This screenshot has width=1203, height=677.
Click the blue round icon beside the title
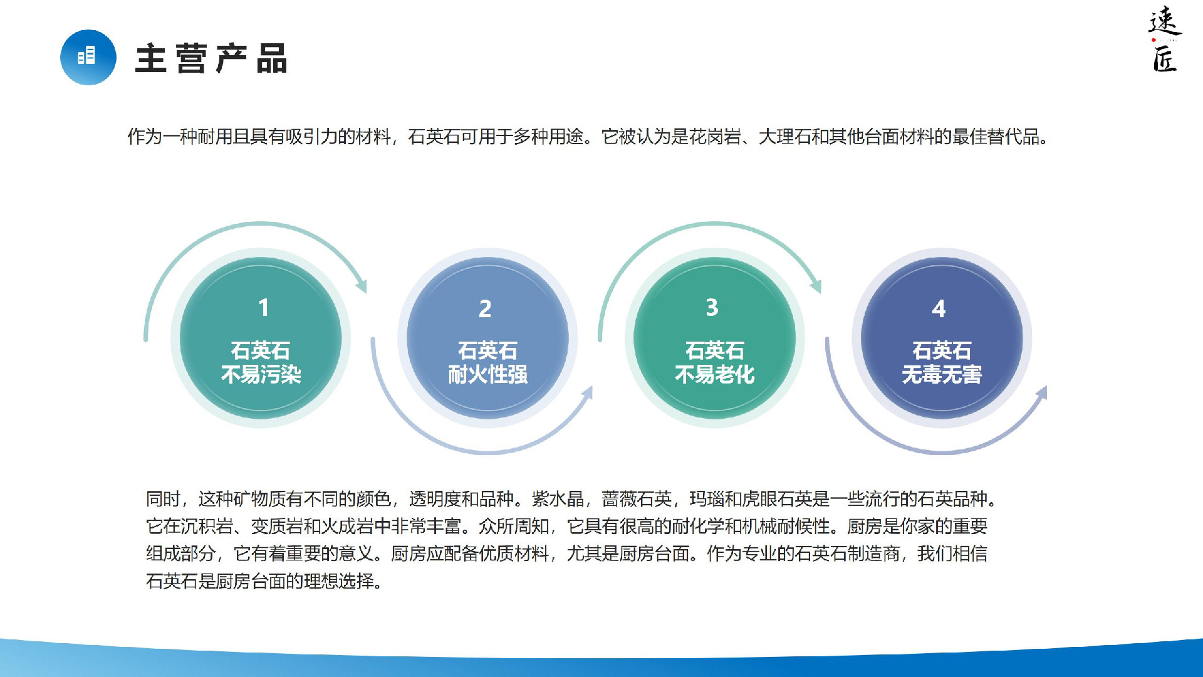[x=88, y=57]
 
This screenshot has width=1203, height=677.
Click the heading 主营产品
[x=211, y=58]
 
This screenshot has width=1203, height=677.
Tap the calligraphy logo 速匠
[x=1165, y=39]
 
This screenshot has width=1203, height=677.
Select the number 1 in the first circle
[x=264, y=308]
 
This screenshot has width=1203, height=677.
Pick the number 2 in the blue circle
[x=485, y=308]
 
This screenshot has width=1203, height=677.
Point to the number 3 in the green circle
[x=712, y=307]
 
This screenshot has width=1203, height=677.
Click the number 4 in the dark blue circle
[x=939, y=308]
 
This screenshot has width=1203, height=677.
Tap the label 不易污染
[x=261, y=375]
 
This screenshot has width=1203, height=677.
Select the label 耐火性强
[x=488, y=375]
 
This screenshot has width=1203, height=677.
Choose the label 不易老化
[x=715, y=375]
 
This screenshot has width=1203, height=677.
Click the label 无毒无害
[x=942, y=375]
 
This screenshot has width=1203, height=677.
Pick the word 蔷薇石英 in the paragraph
[x=637, y=499]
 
